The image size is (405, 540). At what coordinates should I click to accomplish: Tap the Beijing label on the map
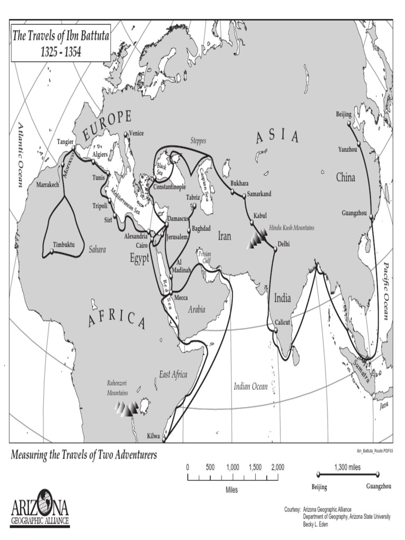343,114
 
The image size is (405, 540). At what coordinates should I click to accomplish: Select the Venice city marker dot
126,135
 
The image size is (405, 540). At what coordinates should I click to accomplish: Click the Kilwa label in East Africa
153,437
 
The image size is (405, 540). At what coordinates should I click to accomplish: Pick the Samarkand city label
259,194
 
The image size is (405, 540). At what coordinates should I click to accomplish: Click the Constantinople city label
169,187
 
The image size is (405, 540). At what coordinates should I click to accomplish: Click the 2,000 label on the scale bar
278,467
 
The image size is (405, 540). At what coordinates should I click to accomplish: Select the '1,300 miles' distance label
347,467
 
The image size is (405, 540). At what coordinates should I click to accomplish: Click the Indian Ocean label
251,387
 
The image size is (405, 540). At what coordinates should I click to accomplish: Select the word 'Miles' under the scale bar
232,490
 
